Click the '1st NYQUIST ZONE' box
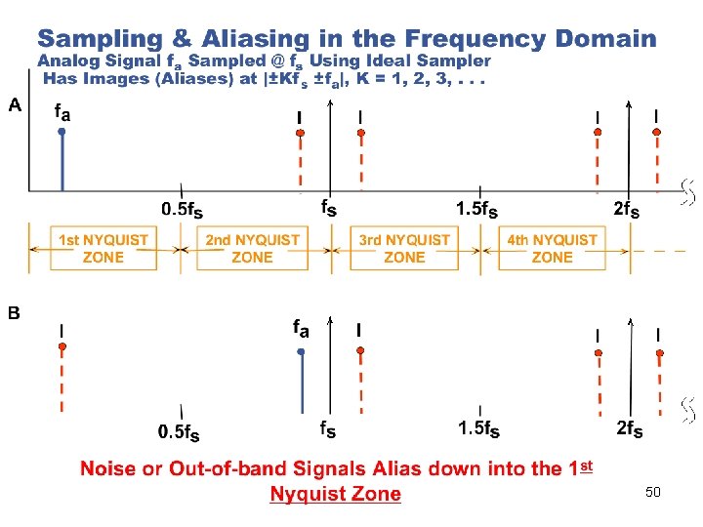click(103, 248)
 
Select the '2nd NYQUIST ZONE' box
click(252, 248)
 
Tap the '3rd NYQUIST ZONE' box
click(404, 248)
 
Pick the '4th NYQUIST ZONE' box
click(552, 248)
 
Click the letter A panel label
click(15, 105)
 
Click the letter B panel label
click(15, 313)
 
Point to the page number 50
click(652, 492)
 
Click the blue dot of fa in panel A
click(62, 131)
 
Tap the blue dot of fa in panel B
click(302, 351)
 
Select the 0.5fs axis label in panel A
click(182, 209)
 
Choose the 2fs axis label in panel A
click(627, 209)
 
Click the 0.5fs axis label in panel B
click(182, 430)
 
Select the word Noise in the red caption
click(108, 468)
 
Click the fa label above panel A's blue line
click(62, 111)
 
